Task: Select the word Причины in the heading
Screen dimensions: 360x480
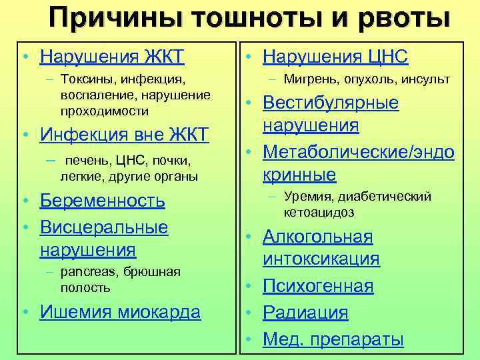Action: pos(116,19)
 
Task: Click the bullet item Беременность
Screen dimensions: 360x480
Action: pos(103,201)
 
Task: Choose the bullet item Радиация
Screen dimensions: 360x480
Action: pos(305,313)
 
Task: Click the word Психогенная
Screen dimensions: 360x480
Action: pos(318,286)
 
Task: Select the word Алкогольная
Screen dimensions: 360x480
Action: pos(318,237)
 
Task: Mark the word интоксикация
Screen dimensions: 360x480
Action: pos(321,259)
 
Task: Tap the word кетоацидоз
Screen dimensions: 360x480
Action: pos(319,212)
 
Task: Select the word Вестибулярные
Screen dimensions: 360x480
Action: pos(331,103)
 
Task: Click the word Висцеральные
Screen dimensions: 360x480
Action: pos(104,227)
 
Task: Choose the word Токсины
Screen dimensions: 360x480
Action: pos(83,79)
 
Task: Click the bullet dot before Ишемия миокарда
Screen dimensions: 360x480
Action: pos(23,312)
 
